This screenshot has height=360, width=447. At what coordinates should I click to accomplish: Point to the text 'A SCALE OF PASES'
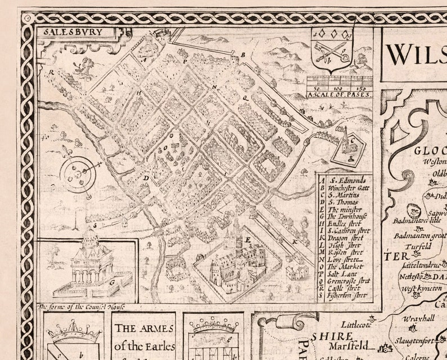pos(339,94)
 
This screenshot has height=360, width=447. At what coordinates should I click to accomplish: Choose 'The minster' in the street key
pos(344,209)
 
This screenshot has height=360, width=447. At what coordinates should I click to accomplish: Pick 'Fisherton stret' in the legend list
pos(347,295)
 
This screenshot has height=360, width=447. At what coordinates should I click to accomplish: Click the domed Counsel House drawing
pos(90,264)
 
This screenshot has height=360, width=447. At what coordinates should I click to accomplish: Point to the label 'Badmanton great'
pos(419,236)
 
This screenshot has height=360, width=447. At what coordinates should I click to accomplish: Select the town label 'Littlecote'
pos(357,325)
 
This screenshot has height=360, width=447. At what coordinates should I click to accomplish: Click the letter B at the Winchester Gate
pos(243,55)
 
